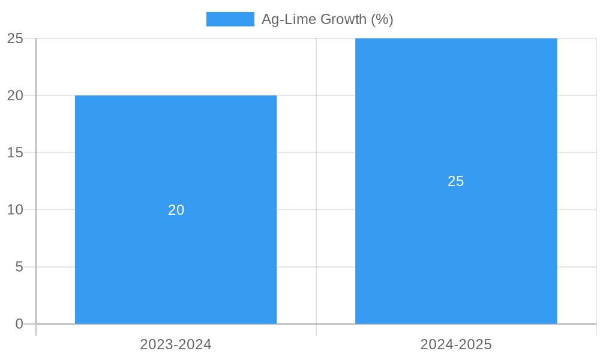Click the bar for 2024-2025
point(456,240)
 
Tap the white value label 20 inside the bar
point(176,210)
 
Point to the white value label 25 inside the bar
point(456,181)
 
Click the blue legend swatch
point(230,19)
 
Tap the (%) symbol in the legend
point(382,19)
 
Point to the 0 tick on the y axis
point(19,324)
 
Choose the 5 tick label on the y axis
point(19,267)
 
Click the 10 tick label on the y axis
point(15,210)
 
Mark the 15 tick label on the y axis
point(15,152)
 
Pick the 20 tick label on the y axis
point(15,95)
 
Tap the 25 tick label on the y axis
point(15,38)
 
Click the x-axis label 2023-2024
point(176,344)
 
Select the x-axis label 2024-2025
point(456,344)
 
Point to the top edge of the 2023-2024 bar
point(176,95)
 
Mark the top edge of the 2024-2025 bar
point(456,39)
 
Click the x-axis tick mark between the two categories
point(316,330)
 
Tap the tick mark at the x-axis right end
point(596,330)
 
